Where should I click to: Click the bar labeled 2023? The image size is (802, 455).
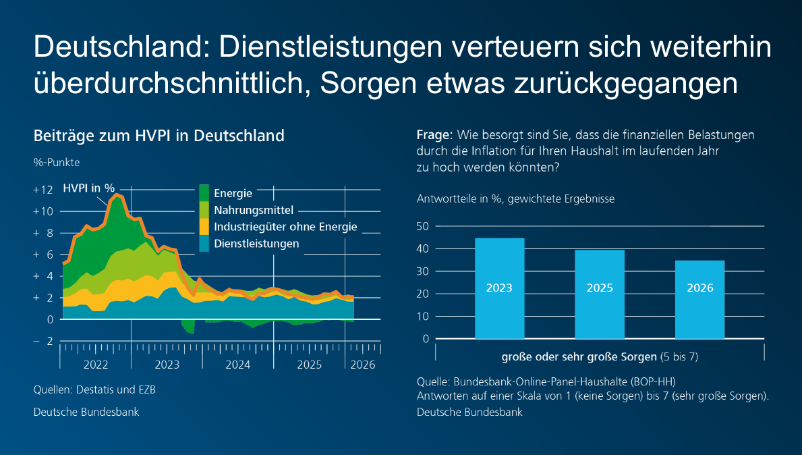(x=499, y=288)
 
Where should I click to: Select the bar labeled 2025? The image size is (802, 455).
(x=599, y=294)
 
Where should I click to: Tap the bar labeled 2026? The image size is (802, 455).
(x=699, y=299)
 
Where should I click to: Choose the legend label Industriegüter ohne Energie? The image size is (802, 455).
(x=285, y=227)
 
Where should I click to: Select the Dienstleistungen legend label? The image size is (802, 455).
(x=256, y=244)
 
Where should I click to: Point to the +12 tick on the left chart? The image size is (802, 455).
(x=42, y=190)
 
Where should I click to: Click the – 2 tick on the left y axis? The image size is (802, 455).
(x=42, y=341)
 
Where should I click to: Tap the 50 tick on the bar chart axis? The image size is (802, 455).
(x=423, y=226)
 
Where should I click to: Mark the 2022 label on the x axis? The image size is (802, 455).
(x=96, y=365)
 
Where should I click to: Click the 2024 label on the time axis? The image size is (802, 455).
(x=238, y=365)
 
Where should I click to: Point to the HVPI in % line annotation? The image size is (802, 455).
(x=88, y=188)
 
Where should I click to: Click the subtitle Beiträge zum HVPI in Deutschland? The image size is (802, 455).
(x=159, y=136)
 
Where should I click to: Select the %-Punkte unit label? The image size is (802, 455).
(x=57, y=162)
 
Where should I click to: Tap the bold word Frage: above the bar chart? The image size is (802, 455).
(x=433, y=135)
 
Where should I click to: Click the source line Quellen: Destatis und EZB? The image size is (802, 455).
(x=94, y=390)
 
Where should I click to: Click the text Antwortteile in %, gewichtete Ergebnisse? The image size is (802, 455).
(x=515, y=199)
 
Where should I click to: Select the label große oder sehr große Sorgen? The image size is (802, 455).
(x=579, y=356)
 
